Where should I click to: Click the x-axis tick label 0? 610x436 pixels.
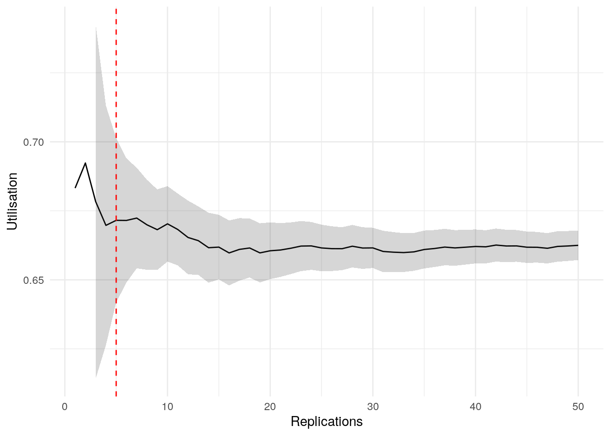tap(65, 406)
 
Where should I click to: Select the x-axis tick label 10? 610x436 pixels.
tap(167, 406)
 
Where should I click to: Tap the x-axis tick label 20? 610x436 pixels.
tap(270, 406)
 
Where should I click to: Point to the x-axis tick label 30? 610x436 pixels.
tap(373, 406)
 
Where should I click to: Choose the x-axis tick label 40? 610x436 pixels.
tap(475, 406)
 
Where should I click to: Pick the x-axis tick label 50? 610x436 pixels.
tap(578, 406)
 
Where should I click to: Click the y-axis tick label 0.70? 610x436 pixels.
tap(34, 142)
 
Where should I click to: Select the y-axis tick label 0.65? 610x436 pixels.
tap(34, 280)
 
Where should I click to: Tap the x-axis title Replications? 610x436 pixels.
tap(326, 421)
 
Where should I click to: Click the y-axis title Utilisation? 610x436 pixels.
tap(12, 201)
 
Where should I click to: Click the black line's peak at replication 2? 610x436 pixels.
tap(85, 163)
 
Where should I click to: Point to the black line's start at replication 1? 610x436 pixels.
tap(75, 188)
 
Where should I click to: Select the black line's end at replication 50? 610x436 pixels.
tap(578, 245)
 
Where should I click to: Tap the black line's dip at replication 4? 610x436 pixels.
tap(106, 225)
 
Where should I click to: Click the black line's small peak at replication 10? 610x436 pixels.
tap(167, 224)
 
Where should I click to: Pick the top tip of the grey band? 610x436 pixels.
tap(96, 27)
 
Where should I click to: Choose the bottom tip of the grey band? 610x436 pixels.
tap(96, 377)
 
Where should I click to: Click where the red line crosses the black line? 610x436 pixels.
tap(116, 220)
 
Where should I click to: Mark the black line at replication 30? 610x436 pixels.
tap(373, 248)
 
